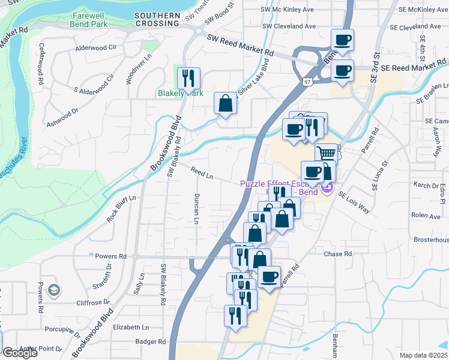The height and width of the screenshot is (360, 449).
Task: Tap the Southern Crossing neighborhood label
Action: coord(157,19)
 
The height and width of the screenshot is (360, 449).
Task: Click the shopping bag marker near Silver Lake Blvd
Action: coord(226,103)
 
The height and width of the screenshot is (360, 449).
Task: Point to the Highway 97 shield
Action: coord(306,80)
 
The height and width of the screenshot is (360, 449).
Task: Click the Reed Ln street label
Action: coord(202,173)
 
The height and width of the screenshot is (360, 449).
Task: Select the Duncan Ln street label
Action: coord(196,209)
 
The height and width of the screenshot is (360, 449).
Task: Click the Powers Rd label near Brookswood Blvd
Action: coord(111,256)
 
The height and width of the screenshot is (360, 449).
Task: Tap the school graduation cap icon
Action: coord(53,290)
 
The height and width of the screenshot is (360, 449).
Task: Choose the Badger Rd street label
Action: coord(150,341)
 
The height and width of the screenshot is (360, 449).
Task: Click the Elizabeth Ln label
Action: coord(130,327)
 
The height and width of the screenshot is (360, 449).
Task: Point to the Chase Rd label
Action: coord(338,254)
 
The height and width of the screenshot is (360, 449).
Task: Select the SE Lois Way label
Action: coord(354,203)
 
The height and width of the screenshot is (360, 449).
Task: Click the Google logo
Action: coord(20,353)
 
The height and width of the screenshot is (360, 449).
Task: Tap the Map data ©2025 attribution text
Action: coord(424,355)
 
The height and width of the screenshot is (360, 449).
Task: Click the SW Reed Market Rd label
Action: coord(240,46)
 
